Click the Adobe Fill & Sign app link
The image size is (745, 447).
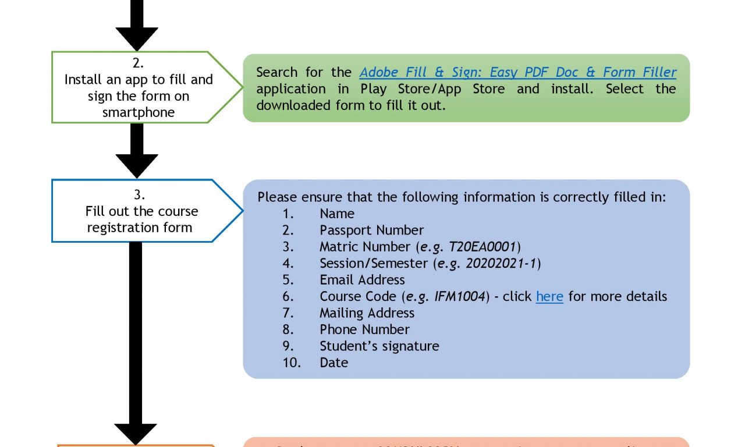click(x=517, y=72)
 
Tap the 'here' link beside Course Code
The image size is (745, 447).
click(x=549, y=296)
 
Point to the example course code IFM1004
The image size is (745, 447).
click(x=460, y=296)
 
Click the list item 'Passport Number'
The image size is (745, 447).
click(x=371, y=230)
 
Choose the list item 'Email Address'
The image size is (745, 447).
click(x=362, y=280)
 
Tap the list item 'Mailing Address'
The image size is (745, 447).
click(x=367, y=313)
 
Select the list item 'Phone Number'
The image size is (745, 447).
click(x=364, y=329)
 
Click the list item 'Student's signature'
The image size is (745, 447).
click(x=379, y=346)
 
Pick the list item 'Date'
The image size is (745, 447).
click(x=334, y=363)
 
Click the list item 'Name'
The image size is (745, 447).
click(x=337, y=214)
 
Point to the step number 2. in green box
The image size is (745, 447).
click(x=138, y=63)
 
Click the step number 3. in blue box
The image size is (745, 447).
click(x=139, y=194)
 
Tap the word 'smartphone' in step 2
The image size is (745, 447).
click(x=139, y=112)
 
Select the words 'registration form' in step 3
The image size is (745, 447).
click(x=140, y=228)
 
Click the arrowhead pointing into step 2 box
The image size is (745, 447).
click(x=137, y=38)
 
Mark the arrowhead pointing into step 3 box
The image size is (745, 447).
click(x=137, y=165)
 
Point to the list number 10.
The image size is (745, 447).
click(x=292, y=363)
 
